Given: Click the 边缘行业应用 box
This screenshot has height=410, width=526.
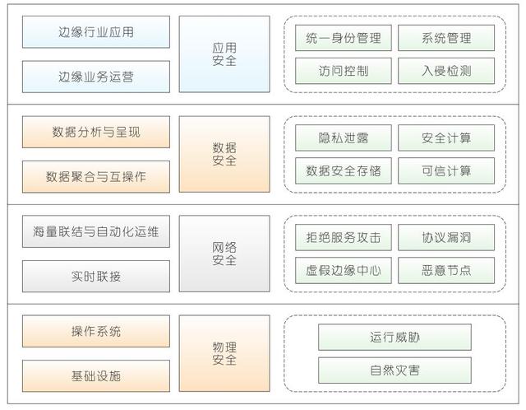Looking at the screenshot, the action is pos(96,32).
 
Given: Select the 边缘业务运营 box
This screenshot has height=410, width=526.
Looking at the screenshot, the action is pos(96,77).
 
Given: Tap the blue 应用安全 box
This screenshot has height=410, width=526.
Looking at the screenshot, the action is pos(224,54).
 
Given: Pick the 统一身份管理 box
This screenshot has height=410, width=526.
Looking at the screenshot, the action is pos(344,38).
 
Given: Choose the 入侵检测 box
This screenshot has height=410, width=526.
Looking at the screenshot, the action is pos(446,71).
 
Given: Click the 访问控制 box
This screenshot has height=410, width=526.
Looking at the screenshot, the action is pos(344,71).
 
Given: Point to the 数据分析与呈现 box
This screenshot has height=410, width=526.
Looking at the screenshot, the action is pos(96,132).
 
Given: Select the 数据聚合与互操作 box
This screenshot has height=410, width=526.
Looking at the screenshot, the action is pos(96,177).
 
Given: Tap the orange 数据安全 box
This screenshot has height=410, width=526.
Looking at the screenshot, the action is pos(224,154).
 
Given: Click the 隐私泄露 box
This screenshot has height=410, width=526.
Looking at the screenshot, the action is pos(344,137).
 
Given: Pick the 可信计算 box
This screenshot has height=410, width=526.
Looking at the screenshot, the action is pos(446,170).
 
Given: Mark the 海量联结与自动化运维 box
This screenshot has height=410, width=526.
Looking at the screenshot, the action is pos(96,231).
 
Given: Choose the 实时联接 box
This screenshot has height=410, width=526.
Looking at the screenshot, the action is pos(96,277).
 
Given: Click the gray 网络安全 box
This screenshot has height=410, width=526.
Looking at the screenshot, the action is pos(224,254).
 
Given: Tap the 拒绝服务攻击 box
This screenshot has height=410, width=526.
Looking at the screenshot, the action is pos(344,237).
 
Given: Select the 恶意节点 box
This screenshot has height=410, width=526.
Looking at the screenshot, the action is pos(446,270).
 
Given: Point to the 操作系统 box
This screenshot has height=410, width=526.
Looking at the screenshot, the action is pos(96,331).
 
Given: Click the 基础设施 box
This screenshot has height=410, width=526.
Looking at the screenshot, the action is pos(96,375).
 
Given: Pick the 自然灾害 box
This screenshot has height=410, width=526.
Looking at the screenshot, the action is pos(394,370).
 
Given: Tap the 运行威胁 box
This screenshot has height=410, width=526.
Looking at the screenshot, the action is pos(394,337).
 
